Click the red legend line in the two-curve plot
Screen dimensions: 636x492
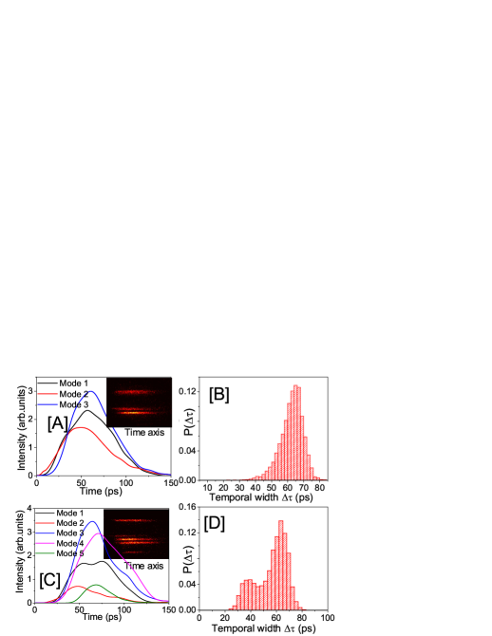(x=47, y=394)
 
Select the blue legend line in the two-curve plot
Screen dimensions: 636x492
(x=47, y=404)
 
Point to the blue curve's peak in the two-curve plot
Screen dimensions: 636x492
(x=91, y=391)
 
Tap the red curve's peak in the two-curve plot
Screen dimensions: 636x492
(x=82, y=428)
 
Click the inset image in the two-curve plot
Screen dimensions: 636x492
(x=139, y=402)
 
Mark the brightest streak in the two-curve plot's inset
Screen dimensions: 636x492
(x=139, y=412)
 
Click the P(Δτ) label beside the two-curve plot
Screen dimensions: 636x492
(x=188, y=421)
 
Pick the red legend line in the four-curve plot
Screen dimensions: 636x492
(x=45, y=523)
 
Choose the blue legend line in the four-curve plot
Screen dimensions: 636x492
(x=45, y=533)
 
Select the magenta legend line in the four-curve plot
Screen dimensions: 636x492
(x=45, y=543)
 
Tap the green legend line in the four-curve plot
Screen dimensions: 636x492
(x=45, y=553)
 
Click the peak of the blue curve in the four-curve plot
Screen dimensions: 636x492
(x=92, y=521)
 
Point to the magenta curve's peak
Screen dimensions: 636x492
(x=99, y=533)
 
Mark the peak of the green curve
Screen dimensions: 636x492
(x=96, y=585)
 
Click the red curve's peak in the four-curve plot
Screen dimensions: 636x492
(x=77, y=586)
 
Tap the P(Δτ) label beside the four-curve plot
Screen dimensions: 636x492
(x=188, y=559)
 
